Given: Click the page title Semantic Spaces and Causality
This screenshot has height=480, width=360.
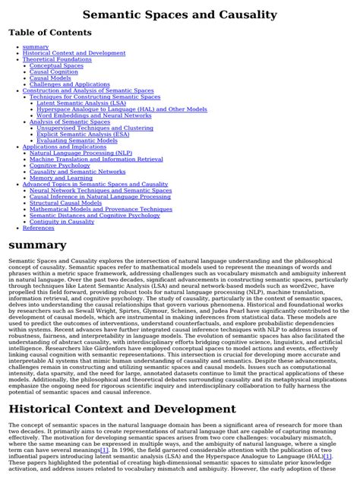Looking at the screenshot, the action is (x=179, y=14).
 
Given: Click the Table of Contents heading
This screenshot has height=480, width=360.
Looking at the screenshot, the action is (x=49, y=33).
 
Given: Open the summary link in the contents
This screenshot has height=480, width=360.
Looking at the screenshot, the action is (x=36, y=47).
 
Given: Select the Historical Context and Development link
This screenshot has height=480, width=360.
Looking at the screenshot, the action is (x=74, y=53).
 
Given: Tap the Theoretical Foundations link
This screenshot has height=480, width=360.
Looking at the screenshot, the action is (x=57, y=59).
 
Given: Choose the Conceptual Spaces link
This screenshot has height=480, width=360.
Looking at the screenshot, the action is (x=56, y=65).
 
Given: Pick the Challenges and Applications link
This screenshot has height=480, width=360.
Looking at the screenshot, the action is (x=69, y=84).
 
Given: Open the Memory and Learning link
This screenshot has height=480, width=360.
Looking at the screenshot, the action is (x=61, y=178).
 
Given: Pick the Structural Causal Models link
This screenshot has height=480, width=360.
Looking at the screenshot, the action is (x=65, y=203).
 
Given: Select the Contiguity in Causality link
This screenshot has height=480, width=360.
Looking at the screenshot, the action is (x=62, y=221).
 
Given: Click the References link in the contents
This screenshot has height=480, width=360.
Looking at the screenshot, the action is (x=38, y=227).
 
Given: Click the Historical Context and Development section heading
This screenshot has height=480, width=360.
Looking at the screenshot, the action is (x=122, y=409).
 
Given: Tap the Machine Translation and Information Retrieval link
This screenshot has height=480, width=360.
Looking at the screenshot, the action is (x=96, y=159).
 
